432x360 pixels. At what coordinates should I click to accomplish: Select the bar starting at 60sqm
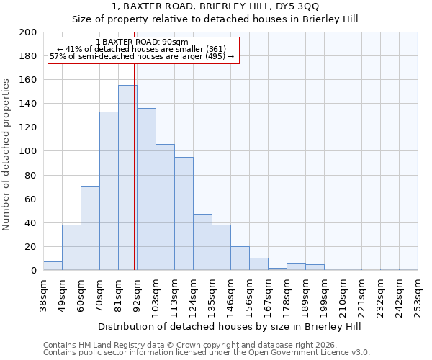pyautogui.click(x=90, y=228)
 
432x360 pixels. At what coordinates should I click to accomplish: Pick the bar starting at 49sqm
pyautogui.click(x=71, y=247)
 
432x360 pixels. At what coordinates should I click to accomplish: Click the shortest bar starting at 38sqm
pyautogui.click(x=53, y=266)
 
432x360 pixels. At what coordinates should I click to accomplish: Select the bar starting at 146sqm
pyautogui.click(x=240, y=258)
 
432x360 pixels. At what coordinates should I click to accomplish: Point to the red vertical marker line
pyautogui.click(x=135, y=173)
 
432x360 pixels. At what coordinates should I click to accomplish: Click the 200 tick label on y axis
pyautogui.click(x=28, y=32)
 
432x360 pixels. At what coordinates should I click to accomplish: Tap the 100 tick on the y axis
pyautogui.click(x=28, y=151)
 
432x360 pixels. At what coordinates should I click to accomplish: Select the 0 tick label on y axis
pyautogui.click(x=34, y=271)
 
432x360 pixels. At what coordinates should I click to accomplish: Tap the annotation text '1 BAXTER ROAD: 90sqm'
pyautogui.click(x=142, y=42)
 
